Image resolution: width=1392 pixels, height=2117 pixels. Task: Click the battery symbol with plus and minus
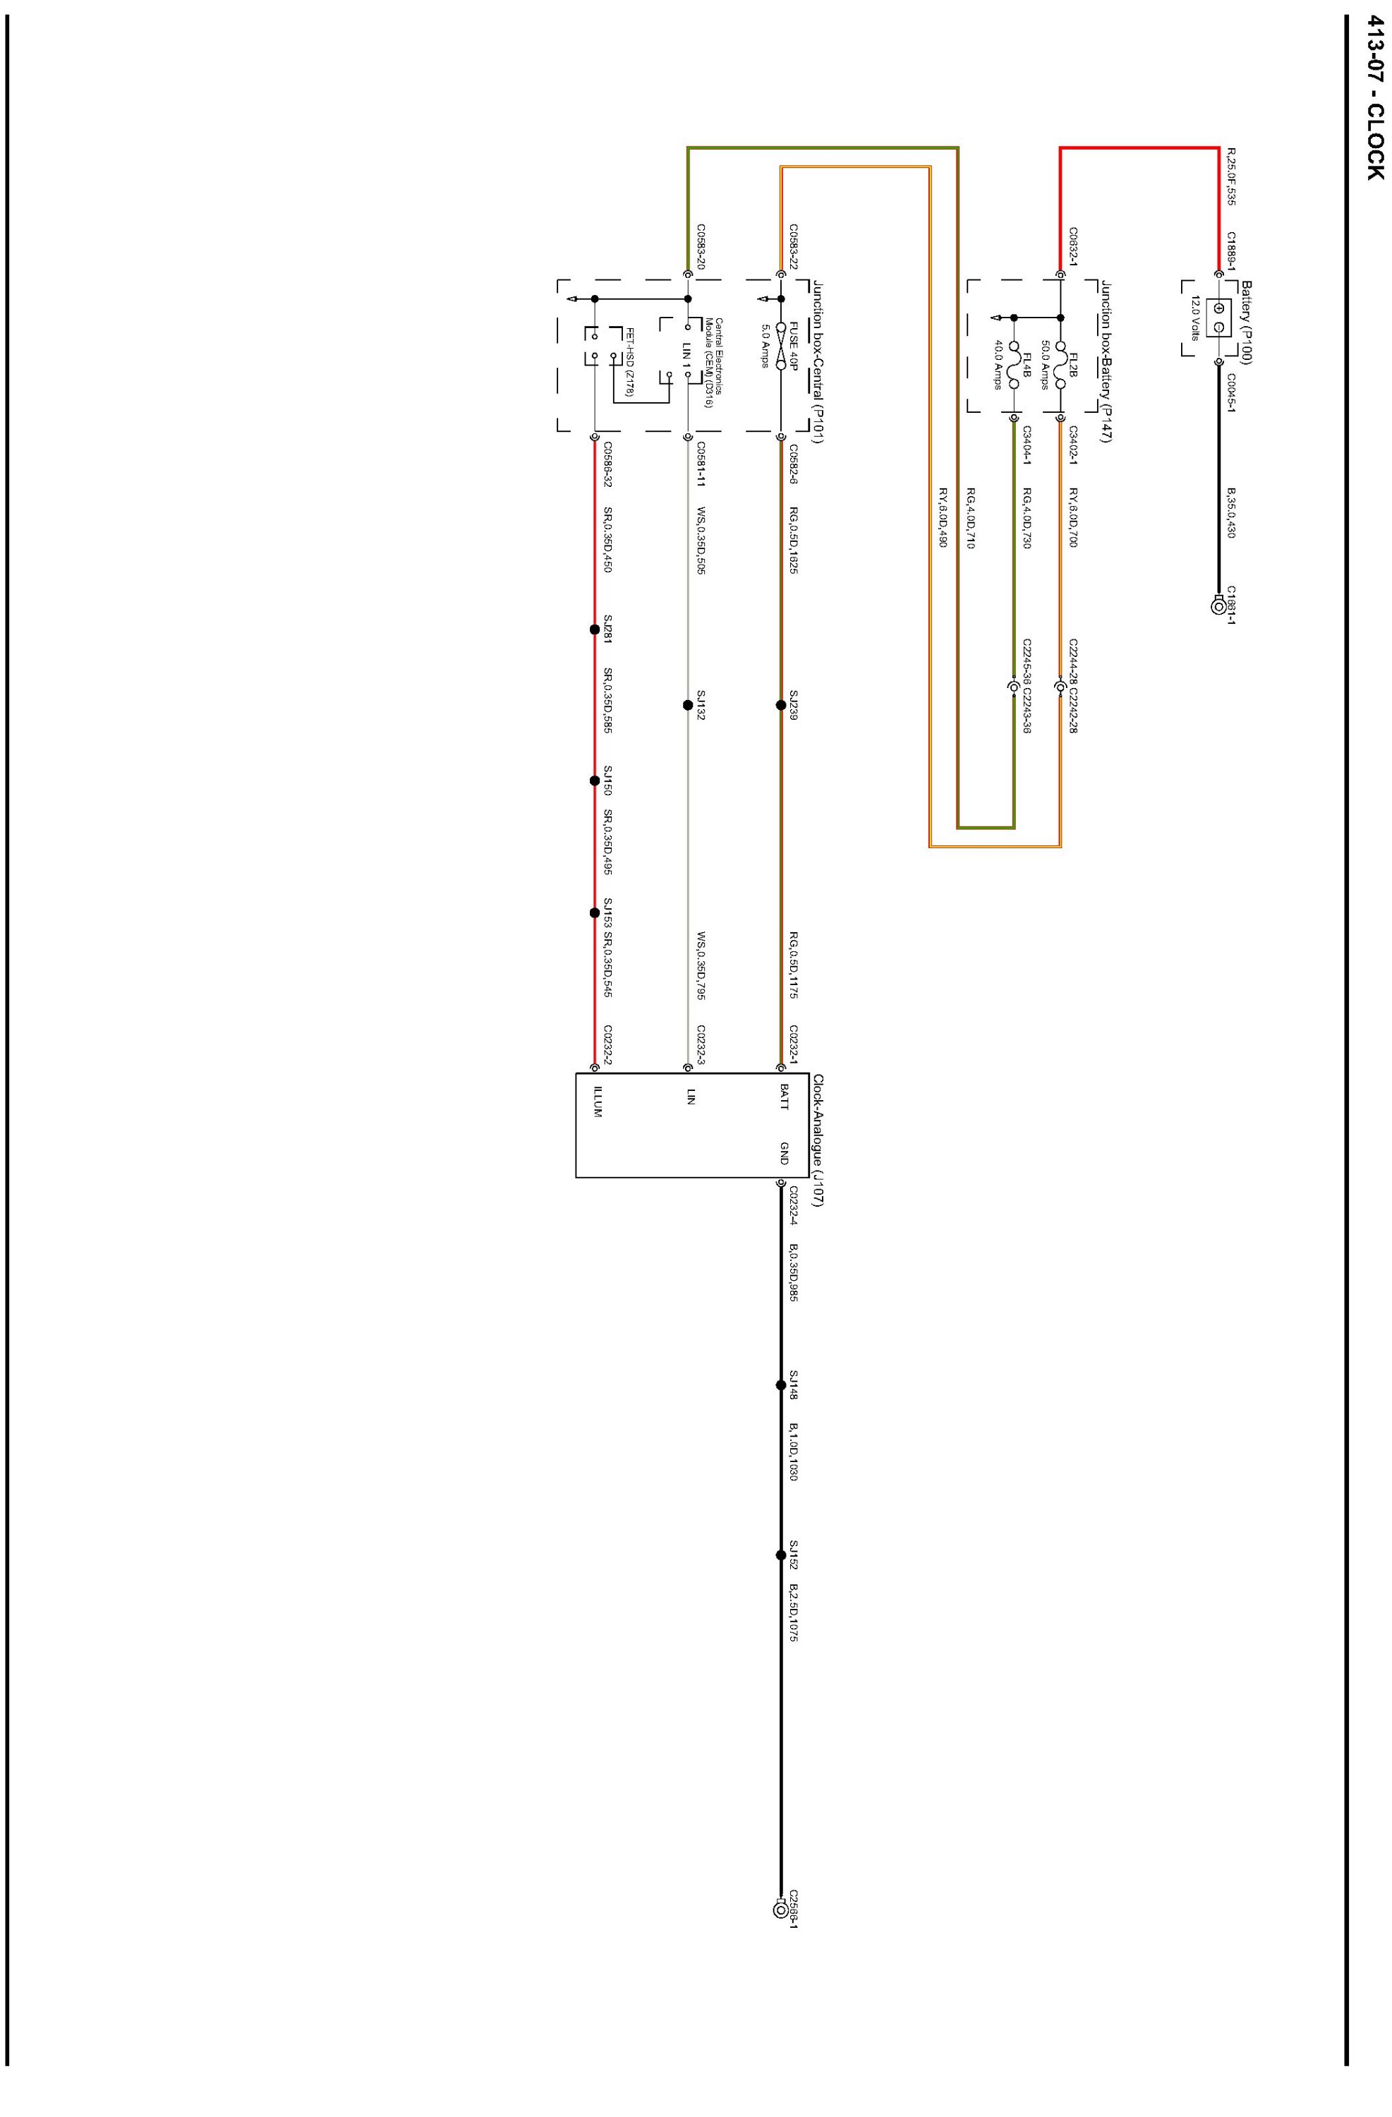(x=1218, y=318)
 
